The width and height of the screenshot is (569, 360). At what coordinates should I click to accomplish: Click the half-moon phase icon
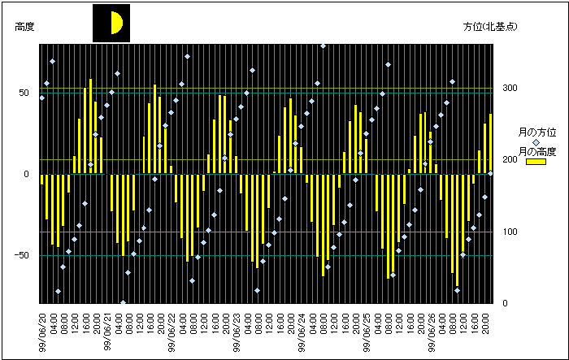(111, 23)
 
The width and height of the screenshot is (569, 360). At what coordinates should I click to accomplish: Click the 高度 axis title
(24, 27)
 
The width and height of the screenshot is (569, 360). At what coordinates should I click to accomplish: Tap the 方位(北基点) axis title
(490, 27)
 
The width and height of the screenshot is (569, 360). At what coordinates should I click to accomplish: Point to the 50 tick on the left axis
(24, 93)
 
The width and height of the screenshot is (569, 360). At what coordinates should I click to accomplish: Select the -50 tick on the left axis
(23, 255)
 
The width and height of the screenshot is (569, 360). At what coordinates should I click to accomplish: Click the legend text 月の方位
(536, 132)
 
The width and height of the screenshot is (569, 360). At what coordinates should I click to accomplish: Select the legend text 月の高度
(536, 152)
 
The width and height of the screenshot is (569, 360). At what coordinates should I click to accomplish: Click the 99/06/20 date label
(42, 330)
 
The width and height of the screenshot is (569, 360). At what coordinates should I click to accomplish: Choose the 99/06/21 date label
(107, 330)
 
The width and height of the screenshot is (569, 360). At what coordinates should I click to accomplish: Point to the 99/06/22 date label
(172, 330)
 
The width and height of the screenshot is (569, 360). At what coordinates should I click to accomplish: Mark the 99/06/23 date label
(237, 330)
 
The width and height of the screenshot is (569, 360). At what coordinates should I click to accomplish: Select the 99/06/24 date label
(302, 330)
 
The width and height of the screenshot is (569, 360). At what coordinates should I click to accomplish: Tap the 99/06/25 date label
(367, 330)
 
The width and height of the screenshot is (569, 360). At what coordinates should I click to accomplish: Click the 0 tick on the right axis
(505, 304)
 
